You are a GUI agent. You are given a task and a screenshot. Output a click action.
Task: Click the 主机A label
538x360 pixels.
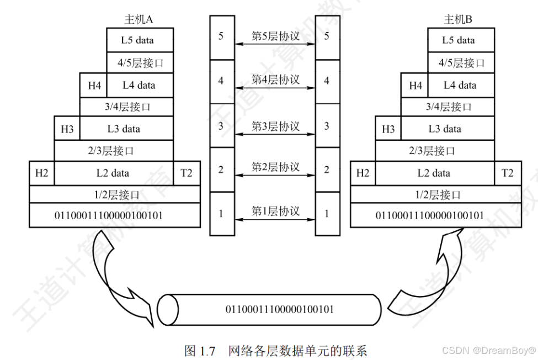click(x=139, y=20)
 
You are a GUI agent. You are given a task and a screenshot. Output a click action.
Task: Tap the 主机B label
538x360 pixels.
click(x=459, y=20)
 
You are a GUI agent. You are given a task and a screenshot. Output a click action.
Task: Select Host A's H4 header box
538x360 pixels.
click(x=94, y=86)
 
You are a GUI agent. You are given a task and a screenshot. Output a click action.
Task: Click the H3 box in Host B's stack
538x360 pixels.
click(x=388, y=129)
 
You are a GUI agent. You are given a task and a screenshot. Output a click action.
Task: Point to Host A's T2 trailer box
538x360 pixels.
click(x=187, y=173)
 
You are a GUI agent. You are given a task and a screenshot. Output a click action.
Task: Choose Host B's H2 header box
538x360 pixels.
click(x=363, y=173)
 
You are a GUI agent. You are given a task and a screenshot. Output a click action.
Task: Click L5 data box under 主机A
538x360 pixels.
click(x=140, y=40)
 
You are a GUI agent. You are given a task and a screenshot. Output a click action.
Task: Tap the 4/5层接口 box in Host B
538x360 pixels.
click(x=461, y=63)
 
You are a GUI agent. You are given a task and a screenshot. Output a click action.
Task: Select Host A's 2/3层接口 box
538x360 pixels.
click(x=114, y=150)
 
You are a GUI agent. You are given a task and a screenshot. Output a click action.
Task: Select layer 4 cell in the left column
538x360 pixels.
click(x=221, y=81)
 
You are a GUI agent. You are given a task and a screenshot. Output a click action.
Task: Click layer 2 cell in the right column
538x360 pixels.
click(x=327, y=170)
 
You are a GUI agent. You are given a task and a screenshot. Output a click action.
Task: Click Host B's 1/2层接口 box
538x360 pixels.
click(x=436, y=194)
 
